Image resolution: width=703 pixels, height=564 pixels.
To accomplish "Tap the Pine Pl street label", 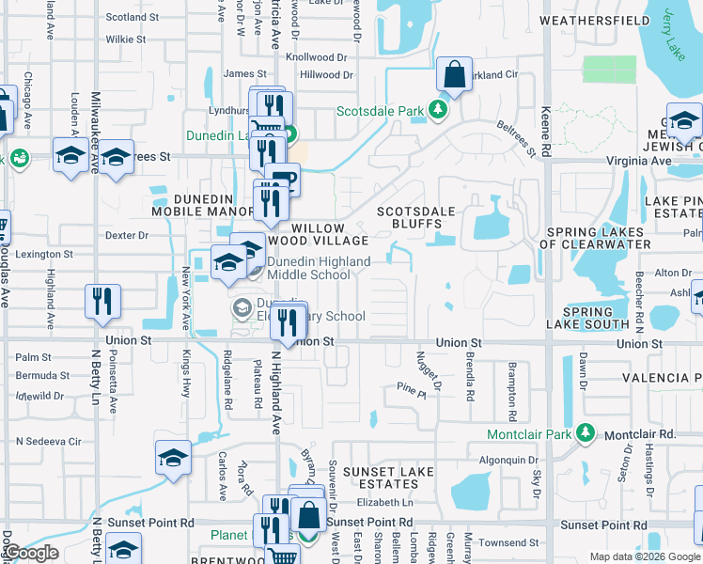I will (x=412, y=387).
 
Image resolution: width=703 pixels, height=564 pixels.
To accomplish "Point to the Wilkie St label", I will (x=126, y=39).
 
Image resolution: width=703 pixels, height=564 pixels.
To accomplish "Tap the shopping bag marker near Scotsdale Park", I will (x=454, y=75).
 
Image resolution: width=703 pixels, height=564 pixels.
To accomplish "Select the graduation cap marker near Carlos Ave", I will (x=173, y=458).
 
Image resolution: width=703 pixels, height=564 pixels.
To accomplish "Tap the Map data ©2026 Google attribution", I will (x=644, y=556).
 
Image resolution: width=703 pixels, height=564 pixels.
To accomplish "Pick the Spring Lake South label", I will (x=596, y=318).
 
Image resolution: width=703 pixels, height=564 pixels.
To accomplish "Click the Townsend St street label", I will (x=508, y=542).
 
